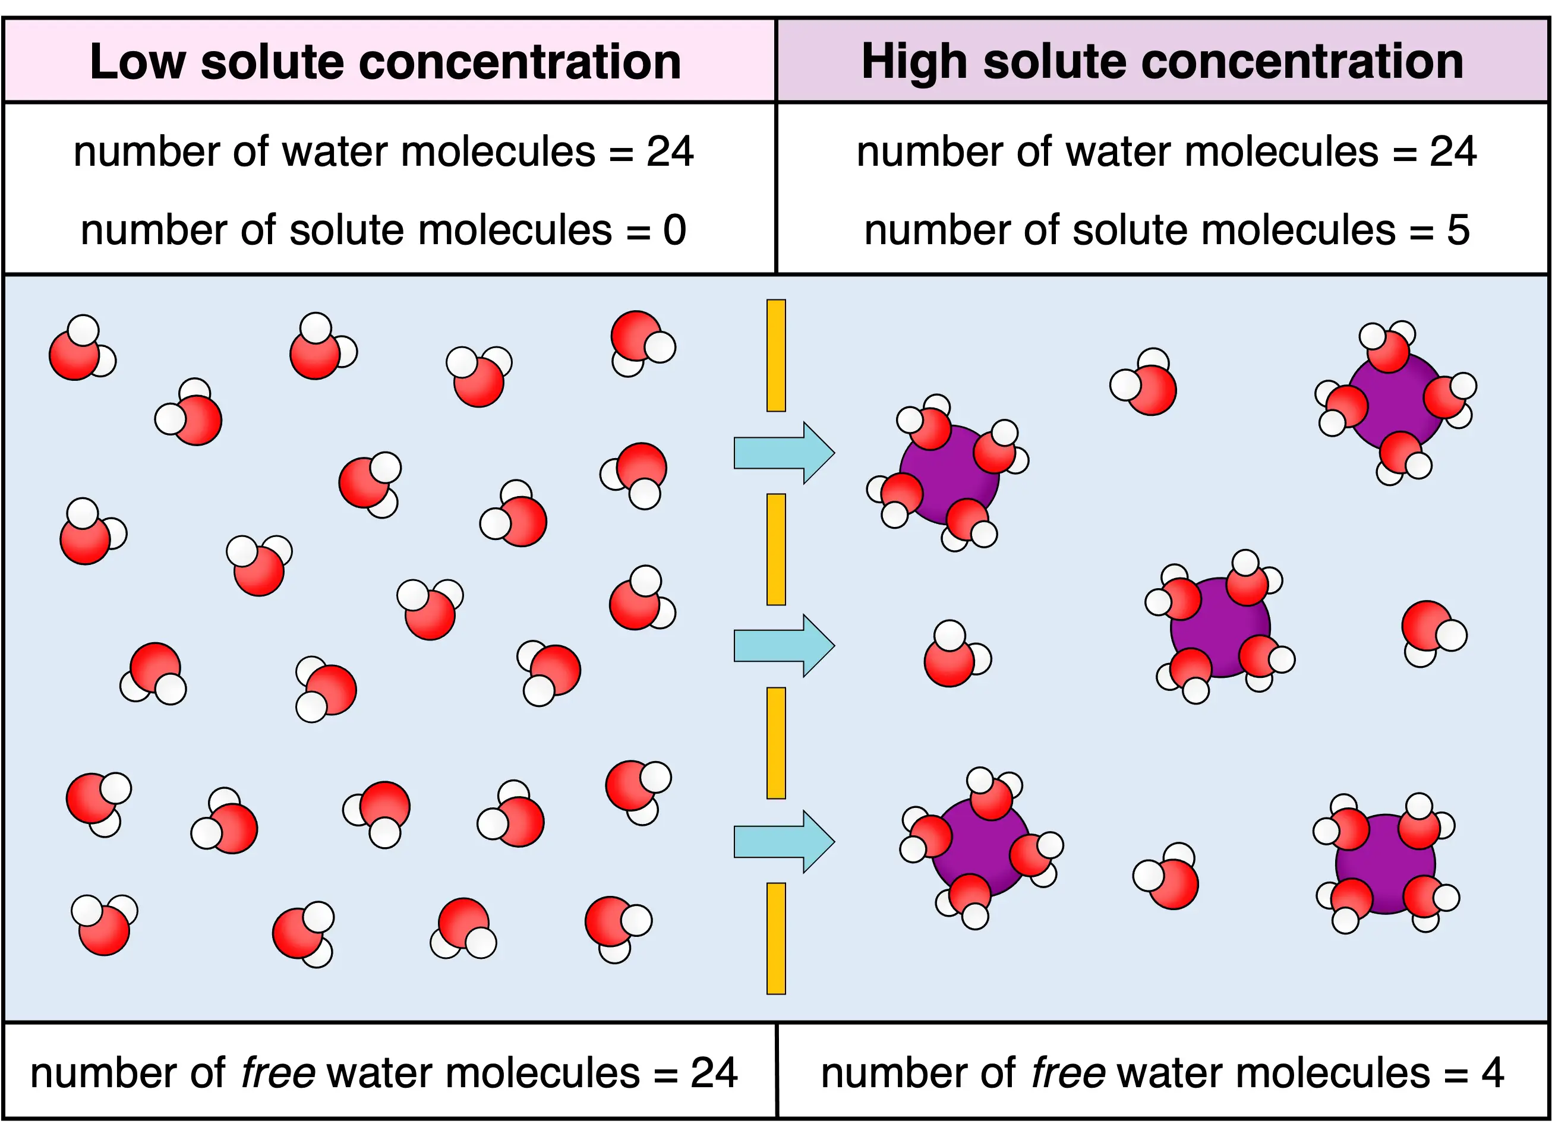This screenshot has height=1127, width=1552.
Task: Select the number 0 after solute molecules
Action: [x=674, y=230]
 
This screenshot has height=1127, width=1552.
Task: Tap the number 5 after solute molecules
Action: [x=1458, y=230]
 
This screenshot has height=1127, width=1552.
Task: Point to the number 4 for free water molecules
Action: [x=1493, y=1072]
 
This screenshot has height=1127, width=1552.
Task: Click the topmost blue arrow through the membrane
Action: [x=784, y=453]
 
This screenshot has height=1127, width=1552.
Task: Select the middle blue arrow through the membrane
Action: [x=784, y=645]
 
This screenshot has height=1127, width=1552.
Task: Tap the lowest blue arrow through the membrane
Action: [x=784, y=842]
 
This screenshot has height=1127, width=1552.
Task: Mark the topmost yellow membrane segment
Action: [x=776, y=355]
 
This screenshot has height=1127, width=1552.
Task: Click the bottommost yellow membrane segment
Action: [x=776, y=938]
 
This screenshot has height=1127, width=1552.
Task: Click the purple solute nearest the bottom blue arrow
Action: [x=980, y=847]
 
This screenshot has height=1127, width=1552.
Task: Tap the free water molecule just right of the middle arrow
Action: [x=957, y=654]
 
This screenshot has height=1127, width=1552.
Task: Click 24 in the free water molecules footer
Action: [x=714, y=1072]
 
